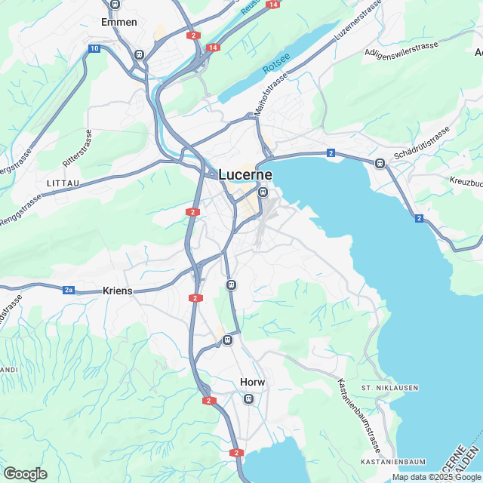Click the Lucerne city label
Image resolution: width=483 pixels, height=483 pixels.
point(245,174)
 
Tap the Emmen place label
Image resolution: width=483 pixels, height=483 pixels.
point(119,22)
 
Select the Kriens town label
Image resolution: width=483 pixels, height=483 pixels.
point(118,291)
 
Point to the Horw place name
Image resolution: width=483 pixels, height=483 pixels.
point(252,382)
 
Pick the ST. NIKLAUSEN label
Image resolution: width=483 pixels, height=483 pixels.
point(389,388)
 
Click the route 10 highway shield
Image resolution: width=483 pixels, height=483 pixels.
point(94,48)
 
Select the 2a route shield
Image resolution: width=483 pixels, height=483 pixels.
point(69,290)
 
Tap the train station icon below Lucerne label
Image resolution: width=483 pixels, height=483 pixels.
point(263,192)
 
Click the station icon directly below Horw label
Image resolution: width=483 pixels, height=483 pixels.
point(250,398)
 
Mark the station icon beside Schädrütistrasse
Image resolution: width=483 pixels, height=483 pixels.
point(380,163)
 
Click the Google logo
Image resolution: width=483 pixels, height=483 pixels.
point(25,474)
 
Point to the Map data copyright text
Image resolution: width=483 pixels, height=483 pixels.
point(435,477)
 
